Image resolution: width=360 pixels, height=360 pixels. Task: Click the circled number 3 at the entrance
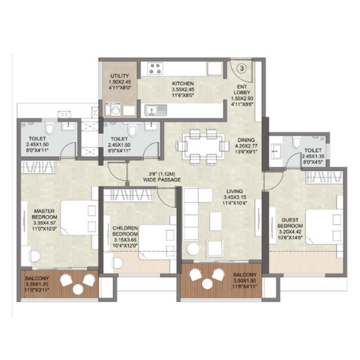pyautogui.click(x=242, y=68)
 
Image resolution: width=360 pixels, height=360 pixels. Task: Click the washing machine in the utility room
pyautogui.click(x=114, y=109)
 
